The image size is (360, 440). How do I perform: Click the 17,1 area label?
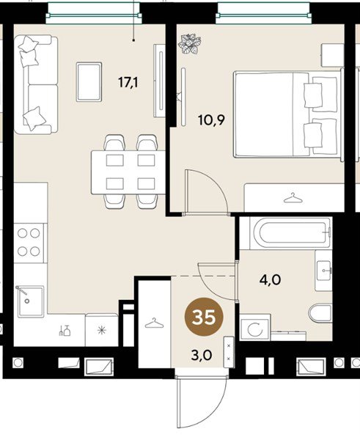coord(128,82)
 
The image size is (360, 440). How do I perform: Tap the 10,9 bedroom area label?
coord(212,120)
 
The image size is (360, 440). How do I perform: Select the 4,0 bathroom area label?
coord(271,280)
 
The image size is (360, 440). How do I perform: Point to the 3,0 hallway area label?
coord(202,355)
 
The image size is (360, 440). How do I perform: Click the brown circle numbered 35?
coord(204,317)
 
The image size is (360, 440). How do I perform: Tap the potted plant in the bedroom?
coord(191,43)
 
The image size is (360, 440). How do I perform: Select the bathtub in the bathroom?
coord(290,232)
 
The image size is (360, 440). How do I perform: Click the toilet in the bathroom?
coord(320,313)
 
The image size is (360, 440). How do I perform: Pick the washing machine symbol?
coord(255,328)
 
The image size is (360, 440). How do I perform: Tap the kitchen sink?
coord(31,301)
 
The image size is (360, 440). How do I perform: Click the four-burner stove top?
coord(29,243)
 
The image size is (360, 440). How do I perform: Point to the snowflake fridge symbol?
coord(102,330)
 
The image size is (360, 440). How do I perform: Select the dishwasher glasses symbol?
coord(65,330)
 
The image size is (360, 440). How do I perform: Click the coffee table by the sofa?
coord(89,81)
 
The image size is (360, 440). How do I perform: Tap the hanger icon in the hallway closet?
coord(154,323)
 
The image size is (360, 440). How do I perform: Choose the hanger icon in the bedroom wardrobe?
coord(293,198)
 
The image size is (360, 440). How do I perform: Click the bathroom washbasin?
coord(324,271)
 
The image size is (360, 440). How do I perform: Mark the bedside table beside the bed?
coord(332,55)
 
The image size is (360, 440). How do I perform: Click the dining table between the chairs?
coord(128,172)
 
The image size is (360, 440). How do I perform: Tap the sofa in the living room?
coord(36,84)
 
